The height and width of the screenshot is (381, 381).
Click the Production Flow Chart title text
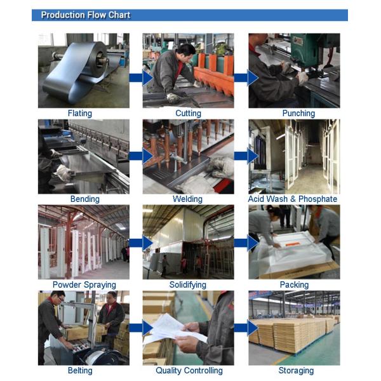(86, 15)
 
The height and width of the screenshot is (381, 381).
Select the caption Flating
(80, 114)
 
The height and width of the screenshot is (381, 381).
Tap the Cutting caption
(189, 114)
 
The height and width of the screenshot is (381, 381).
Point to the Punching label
(298, 114)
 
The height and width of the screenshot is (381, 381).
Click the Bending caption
(85, 199)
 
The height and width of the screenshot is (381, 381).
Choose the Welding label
(187, 199)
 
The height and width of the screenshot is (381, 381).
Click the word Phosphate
(318, 199)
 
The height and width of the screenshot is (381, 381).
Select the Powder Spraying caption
(84, 284)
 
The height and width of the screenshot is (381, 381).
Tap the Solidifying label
(188, 284)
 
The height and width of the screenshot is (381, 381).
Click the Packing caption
(294, 284)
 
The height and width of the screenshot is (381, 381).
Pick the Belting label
(80, 371)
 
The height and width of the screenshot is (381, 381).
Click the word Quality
(169, 371)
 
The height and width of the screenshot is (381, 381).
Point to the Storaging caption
(296, 371)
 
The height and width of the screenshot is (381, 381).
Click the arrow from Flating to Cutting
(141, 78)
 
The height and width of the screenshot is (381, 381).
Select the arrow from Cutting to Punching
(246, 78)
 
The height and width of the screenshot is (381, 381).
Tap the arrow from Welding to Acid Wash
(246, 156)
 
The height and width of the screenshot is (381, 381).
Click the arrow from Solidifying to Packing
(246, 243)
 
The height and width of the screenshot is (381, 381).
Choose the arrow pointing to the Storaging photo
(246, 328)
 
